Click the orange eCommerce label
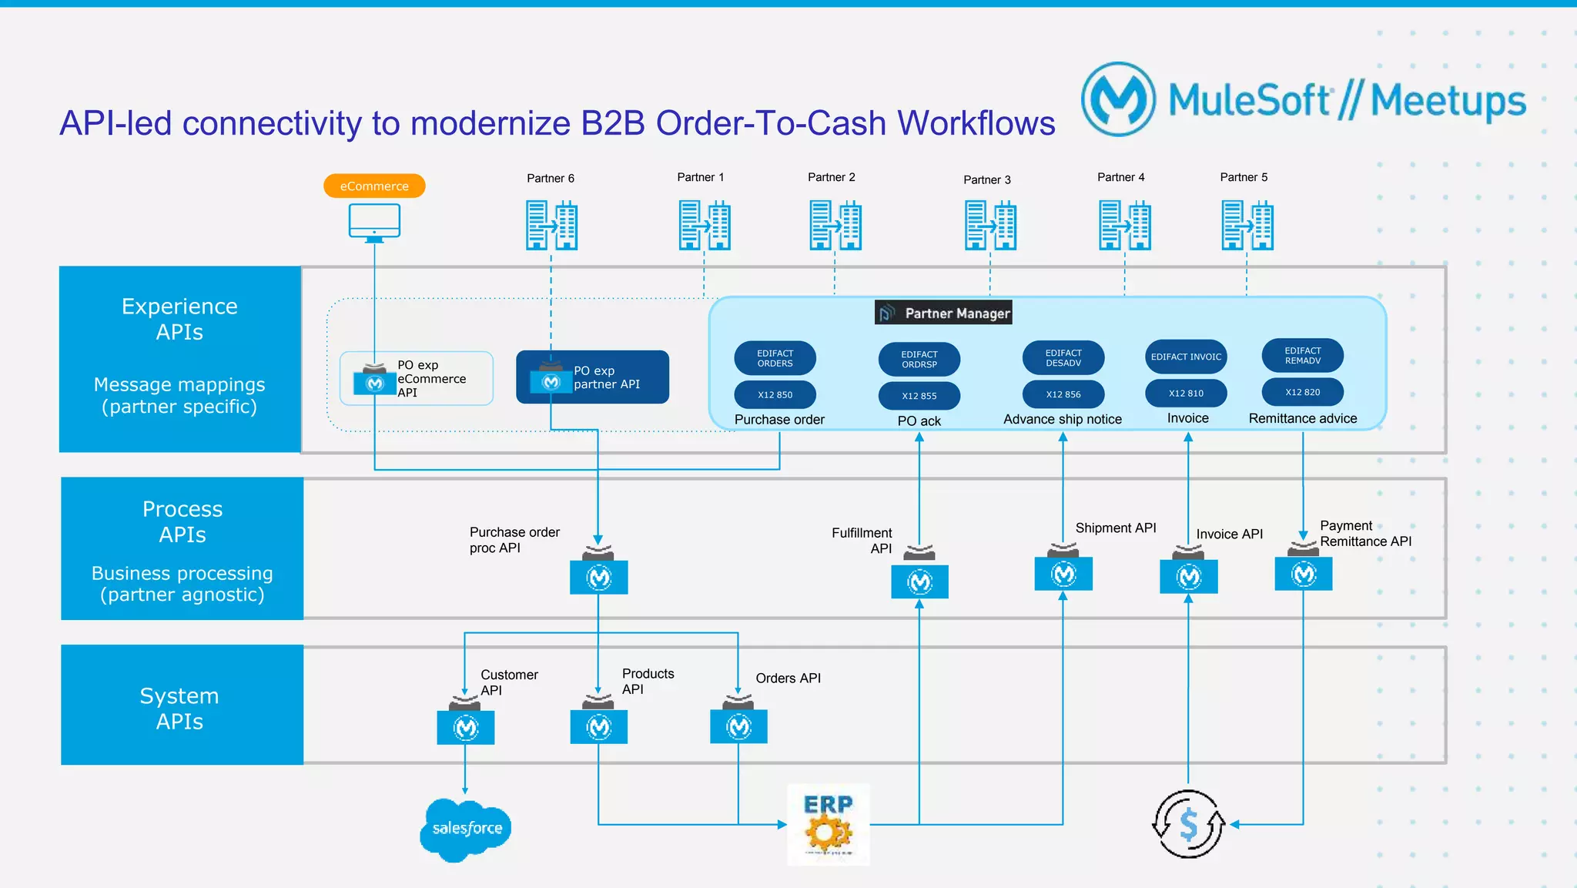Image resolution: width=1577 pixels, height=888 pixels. tap(374, 186)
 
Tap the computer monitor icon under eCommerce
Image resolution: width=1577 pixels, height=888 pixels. tap(374, 223)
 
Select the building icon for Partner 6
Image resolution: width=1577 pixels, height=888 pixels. tap(551, 225)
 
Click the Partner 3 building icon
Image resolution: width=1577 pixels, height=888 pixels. tap(990, 225)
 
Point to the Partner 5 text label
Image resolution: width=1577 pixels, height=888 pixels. tap(1244, 177)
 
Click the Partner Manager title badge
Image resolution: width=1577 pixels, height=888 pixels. tap(943, 313)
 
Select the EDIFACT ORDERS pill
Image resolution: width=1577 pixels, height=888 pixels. tap(775, 358)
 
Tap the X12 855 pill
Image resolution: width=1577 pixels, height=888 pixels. tap(919, 396)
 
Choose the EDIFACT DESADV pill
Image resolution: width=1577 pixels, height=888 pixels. tap(1063, 358)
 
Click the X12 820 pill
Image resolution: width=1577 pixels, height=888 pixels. tap(1302, 392)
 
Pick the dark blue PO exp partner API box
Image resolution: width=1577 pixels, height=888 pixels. tap(592, 377)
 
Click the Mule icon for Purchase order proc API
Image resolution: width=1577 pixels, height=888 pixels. tap(598, 576)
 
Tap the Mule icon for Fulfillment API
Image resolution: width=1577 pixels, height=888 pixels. tap(919, 581)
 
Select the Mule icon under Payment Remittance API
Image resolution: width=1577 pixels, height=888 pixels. tap(1303, 573)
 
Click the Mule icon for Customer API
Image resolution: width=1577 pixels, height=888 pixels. tap(465, 726)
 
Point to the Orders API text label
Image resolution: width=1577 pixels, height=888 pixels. tap(788, 678)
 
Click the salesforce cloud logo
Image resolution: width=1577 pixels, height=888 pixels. tap(467, 829)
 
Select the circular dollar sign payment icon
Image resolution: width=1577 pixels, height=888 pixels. tap(1188, 824)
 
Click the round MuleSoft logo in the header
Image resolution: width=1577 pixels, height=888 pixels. tap(1118, 99)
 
